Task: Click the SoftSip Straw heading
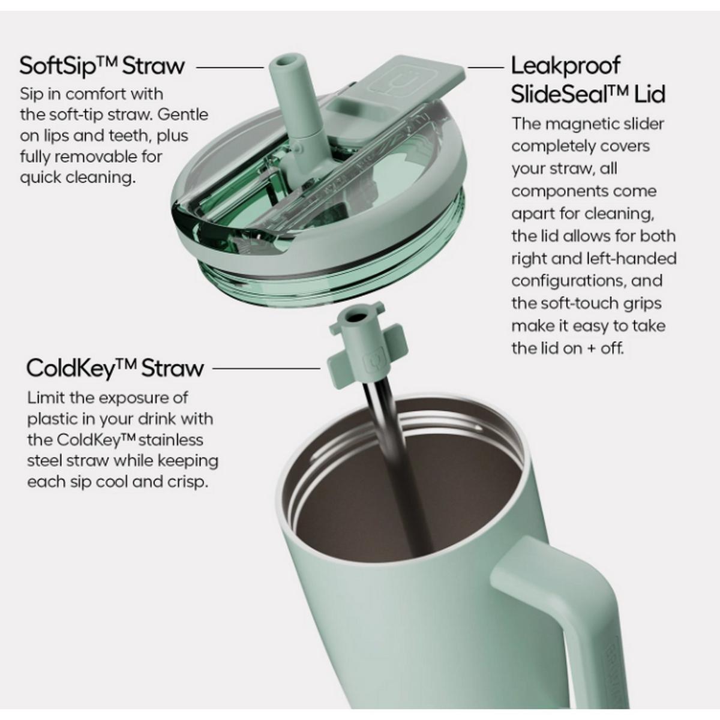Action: click(x=102, y=66)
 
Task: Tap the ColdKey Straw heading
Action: click(x=115, y=368)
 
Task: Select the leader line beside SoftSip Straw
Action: click(x=230, y=68)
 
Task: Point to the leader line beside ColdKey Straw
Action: click(x=266, y=368)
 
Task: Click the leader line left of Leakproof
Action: click(x=486, y=68)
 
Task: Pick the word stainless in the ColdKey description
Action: click(x=171, y=440)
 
